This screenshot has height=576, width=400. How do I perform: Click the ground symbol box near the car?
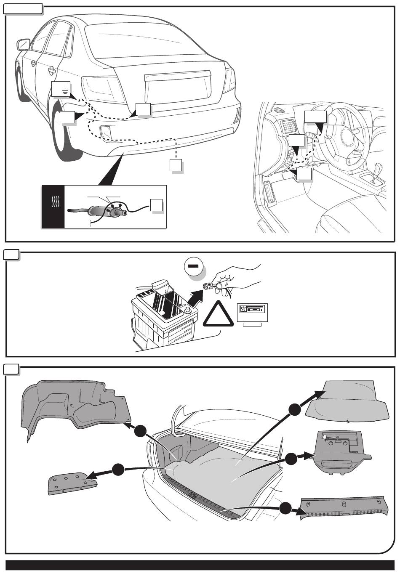61,89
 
